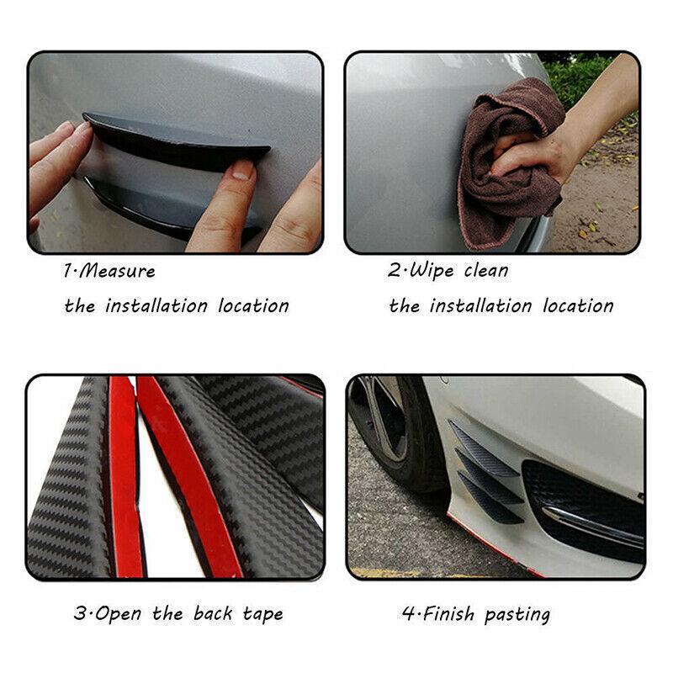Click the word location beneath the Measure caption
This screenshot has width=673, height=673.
(x=253, y=305)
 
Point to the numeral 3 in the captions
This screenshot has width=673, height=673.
(x=79, y=613)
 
